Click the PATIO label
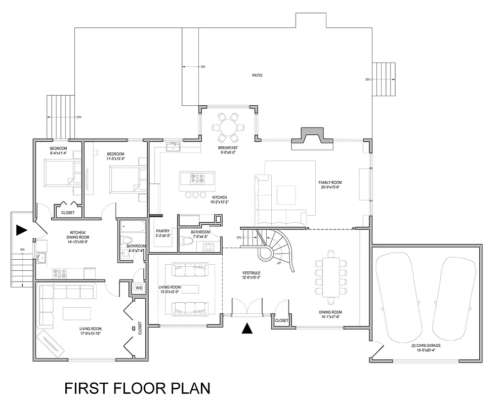point(257,75)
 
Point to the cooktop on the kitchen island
point(197,178)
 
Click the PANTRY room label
point(162,231)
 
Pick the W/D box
point(138,288)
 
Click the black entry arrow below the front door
point(246,329)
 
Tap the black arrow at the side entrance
point(21,230)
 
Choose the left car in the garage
point(401,296)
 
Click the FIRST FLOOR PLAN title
point(137,388)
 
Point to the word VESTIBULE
point(251,272)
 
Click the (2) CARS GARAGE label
point(427,345)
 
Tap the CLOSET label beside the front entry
point(281,320)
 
